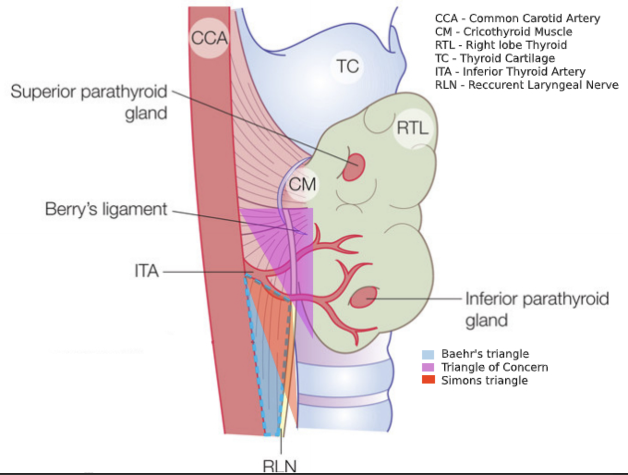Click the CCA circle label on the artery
(210, 38)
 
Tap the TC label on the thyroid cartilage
(347, 66)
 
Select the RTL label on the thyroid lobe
(412, 128)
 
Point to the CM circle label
(302, 184)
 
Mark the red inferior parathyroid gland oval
(363, 298)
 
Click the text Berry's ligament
(106, 209)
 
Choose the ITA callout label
(146, 271)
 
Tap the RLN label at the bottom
(279, 465)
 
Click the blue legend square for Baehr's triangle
(428, 354)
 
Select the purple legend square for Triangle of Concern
(428, 367)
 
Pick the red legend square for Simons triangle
(428, 380)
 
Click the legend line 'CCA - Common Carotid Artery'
(517, 18)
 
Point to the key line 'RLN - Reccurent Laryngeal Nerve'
(526, 85)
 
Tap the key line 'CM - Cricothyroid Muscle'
(503, 32)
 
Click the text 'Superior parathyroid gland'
(89, 102)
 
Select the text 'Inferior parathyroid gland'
(537, 309)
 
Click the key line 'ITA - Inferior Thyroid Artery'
(510, 72)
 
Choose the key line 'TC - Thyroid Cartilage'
(495, 58)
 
